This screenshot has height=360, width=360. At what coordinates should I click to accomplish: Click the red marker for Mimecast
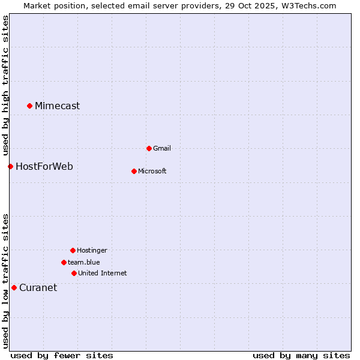click(x=29, y=106)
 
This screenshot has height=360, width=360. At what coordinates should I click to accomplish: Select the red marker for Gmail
click(x=149, y=148)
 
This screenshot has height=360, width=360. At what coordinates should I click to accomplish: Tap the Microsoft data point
click(x=134, y=171)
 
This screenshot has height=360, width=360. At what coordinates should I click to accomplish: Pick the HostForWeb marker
click(x=10, y=166)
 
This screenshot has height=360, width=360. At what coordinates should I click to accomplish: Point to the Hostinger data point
click(x=73, y=250)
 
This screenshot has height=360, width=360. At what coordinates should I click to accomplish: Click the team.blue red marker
click(x=64, y=262)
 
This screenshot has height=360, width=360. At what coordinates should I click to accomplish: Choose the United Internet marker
click(x=74, y=273)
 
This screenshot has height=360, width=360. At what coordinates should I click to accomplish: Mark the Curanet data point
click(x=14, y=287)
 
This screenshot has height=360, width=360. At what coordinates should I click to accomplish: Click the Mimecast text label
click(x=57, y=106)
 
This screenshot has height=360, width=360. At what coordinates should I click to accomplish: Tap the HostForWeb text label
click(x=44, y=166)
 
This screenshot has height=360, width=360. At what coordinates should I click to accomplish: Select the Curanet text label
click(x=38, y=287)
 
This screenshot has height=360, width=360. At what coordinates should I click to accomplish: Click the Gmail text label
click(x=162, y=148)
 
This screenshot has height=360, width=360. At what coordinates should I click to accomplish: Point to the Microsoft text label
click(x=152, y=171)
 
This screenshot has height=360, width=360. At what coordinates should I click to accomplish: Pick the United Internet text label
click(x=102, y=273)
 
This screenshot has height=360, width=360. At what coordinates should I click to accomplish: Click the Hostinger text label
click(x=92, y=250)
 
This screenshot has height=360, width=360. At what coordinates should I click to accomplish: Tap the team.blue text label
click(x=83, y=262)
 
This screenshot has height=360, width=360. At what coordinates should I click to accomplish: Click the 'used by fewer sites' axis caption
click(x=62, y=355)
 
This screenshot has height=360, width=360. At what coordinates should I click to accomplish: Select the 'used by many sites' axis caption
click(x=301, y=355)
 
